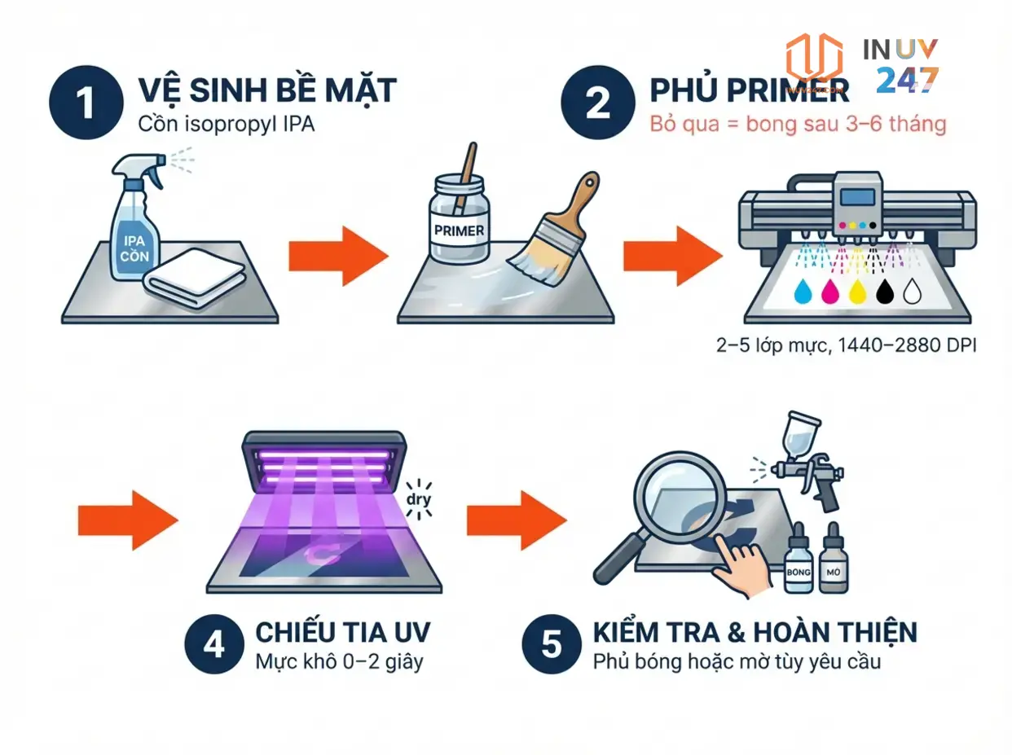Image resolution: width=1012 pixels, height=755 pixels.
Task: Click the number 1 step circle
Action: coord(84,104)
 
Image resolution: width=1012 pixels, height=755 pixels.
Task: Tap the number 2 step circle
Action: coord(597,105)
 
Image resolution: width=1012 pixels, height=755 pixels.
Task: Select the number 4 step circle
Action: coord(214,645)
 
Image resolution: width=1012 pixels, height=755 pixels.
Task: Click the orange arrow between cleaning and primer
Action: coord(338,256)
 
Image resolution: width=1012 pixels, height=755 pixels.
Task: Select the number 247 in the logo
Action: coord(908,80)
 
